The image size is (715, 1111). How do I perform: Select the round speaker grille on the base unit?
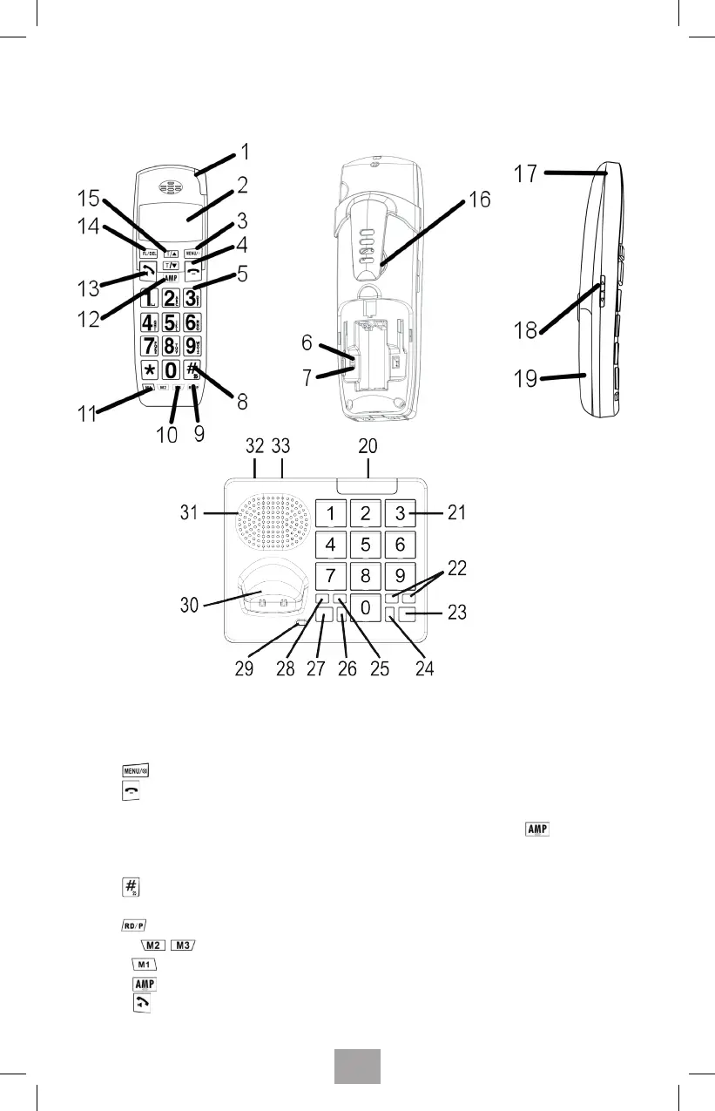(x=273, y=528)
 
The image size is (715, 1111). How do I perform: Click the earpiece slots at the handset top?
(x=169, y=187)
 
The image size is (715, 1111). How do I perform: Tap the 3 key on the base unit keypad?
(x=400, y=513)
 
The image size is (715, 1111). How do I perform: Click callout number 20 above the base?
(x=368, y=445)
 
